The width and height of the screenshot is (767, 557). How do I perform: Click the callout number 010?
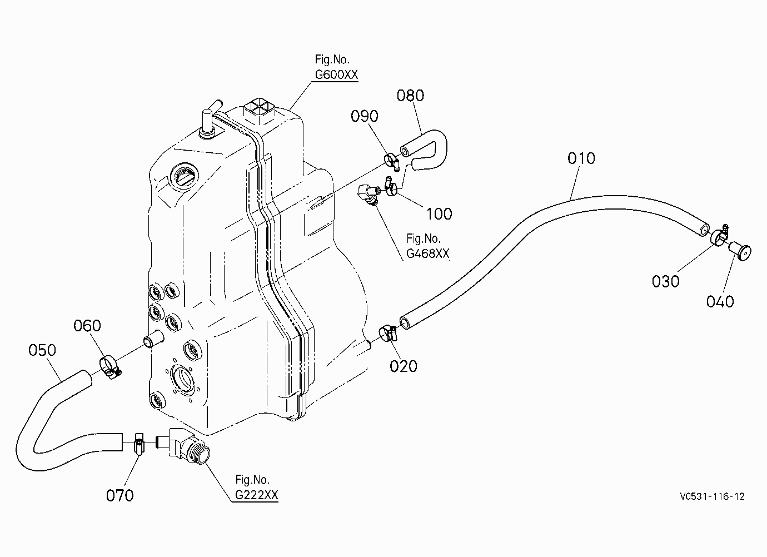click(x=581, y=158)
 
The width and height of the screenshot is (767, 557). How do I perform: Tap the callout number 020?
click(x=404, y=366)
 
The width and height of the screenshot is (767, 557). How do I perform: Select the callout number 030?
click(x=665, y=281)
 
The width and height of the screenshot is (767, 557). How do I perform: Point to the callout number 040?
click(x=720, y=302)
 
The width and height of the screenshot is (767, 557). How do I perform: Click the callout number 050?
click(x=42, y=350)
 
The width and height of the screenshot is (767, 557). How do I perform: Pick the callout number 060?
click(x=87, y=325)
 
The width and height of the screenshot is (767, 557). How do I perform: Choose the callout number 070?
click(x=119, y=496)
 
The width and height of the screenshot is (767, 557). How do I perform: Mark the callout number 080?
click(x=410, y=96)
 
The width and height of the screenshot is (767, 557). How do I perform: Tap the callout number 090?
click(x=365, y=117)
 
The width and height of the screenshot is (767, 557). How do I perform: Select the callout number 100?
click(x=439, y=214)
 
